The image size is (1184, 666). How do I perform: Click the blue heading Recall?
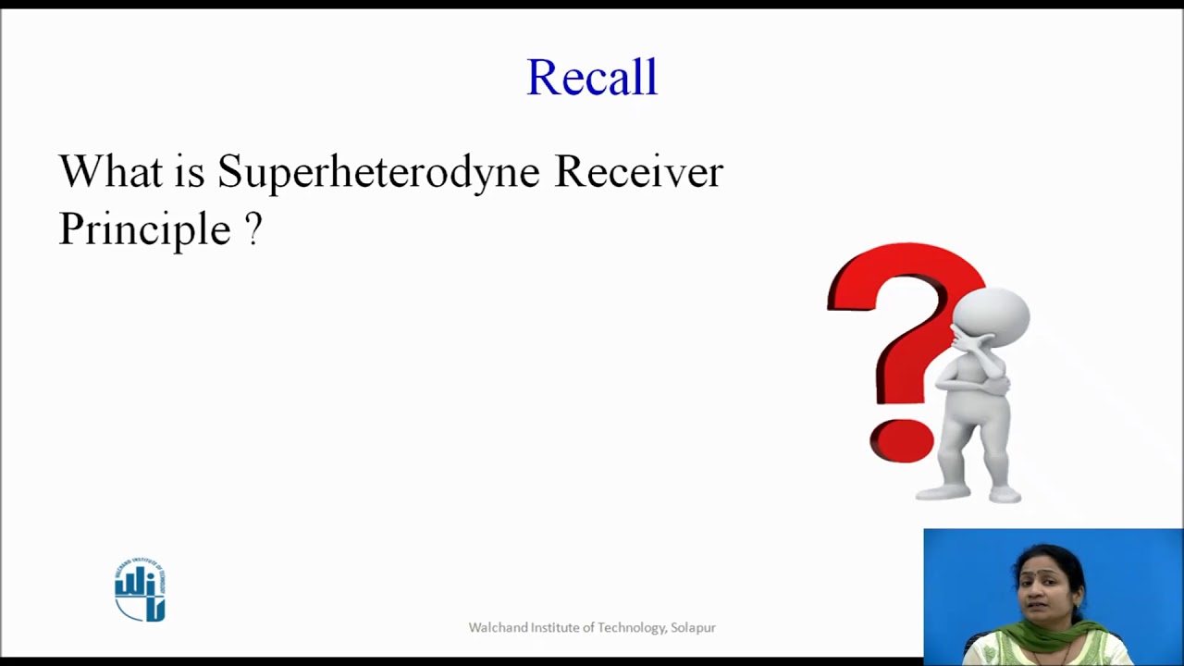click(592, 77)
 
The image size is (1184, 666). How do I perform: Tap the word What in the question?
click(110, 171)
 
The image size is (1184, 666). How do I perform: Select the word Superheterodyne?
click(378, 173)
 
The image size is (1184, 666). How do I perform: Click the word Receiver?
click(639, 171)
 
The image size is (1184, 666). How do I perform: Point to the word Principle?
click(145, 229)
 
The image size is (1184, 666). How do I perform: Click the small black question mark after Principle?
click(253, 228)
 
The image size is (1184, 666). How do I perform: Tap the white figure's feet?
click(968, 495)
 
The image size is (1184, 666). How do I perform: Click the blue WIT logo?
click(140, 589)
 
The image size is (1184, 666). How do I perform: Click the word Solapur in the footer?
click(693, 628)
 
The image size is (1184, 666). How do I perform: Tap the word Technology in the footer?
click(632, 628)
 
